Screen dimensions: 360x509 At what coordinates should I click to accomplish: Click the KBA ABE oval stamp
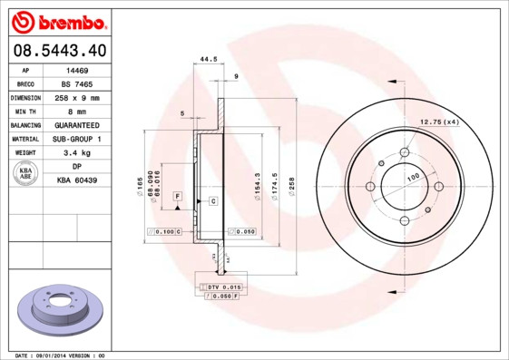pos(27,174)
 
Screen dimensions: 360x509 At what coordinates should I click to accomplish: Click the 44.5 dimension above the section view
pos(208,60)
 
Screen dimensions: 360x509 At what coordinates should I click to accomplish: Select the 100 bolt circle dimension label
pos(413,177)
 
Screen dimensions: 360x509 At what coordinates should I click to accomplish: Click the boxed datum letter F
pos(178,196)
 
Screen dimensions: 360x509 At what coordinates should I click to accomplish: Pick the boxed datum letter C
pos(212,199)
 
